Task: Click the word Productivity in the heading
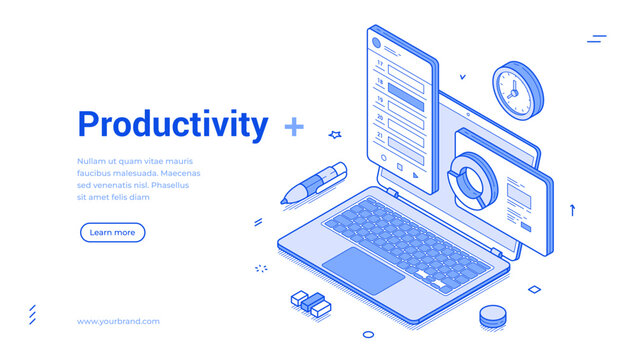pos(173,125)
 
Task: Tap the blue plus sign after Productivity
pos(294,126)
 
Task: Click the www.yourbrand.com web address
pos(118,321)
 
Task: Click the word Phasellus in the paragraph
pos(169,185)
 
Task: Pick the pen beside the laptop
pos(314,182)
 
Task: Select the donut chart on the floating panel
pos(469,178)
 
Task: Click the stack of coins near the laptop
pos(491,317)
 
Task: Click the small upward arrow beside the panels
pos(573,209)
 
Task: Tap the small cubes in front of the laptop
pos(311,302)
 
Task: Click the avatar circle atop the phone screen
pos(377,44)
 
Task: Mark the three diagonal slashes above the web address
pos(32,315)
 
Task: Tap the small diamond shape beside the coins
pos(534,289)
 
